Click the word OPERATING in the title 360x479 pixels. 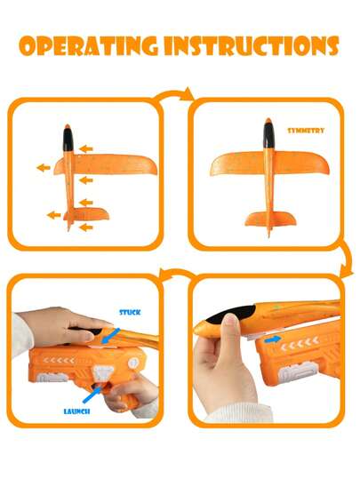(x=88, y=46)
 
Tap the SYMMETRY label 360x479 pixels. (x=306, y=131)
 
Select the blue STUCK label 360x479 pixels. (x=130, y=312)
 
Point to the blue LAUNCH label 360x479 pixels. (x=76, y=411)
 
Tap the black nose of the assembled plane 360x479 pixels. (x=268, y=133)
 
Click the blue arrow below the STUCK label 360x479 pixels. (x=110, y=336)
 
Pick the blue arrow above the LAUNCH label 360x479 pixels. (x=92, y=394)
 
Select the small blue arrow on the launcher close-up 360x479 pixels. (x=272, y=339)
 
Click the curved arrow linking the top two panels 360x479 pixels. (x=174, y=94)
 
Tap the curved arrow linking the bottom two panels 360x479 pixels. (x=177, y=273)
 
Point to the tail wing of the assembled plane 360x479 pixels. (x=270, y=219)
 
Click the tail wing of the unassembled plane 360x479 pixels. (x=86, y=214)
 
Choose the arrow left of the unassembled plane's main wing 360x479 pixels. (x=44, y=167)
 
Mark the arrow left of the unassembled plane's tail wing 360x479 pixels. (x=54, y=215)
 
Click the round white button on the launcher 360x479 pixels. (x=133, y=363)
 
